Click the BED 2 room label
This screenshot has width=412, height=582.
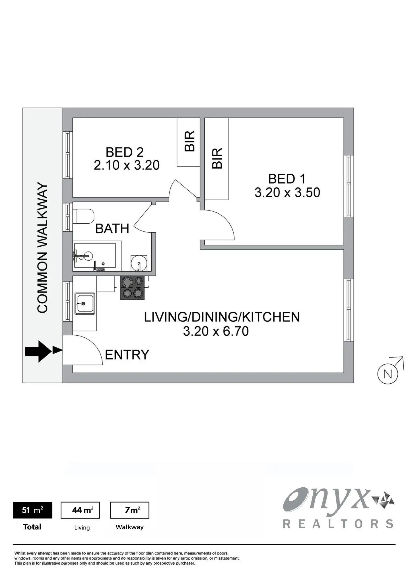pos(124,152)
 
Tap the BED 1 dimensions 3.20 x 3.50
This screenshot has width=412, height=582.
pos(287,193)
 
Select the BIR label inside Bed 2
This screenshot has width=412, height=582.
pos(190,141)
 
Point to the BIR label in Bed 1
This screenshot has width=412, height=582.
pos(217,159)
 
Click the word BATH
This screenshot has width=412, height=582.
pos(112,229)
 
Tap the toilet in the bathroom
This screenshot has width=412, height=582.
pos(83,217)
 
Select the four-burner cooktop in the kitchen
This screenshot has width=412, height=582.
pos(133,288)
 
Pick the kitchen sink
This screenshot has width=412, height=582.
pos(85,304)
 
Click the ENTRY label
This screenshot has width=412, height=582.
pos(127,355)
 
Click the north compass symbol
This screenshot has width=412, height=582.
pos(388,374)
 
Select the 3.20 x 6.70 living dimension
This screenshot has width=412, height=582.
pos(216,331)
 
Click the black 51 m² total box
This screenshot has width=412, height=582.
pos(33,510)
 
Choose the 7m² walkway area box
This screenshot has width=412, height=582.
pos(129,510)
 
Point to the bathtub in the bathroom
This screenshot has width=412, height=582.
pos(95,255)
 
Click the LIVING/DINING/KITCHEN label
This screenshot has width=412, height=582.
pos(222,317)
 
